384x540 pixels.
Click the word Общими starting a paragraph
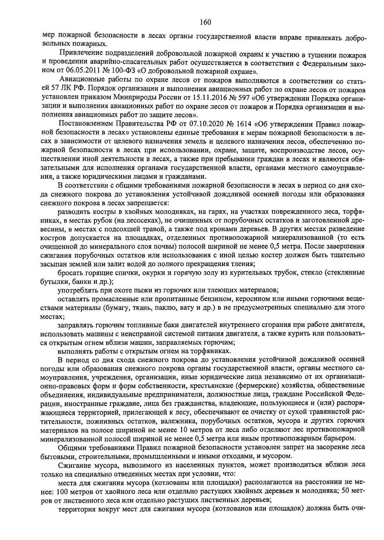(x=70, y=447)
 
